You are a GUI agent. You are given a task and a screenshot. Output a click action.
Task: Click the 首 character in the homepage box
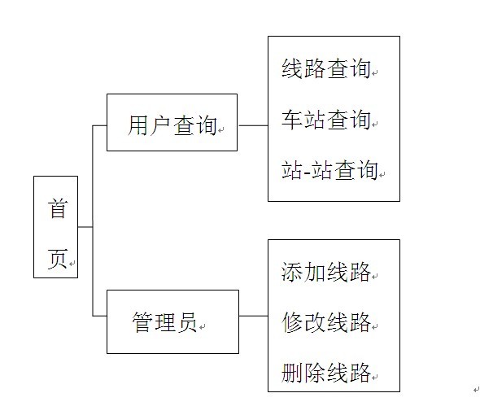point(57,208)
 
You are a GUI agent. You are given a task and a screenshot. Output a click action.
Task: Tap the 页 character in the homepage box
point(57,259)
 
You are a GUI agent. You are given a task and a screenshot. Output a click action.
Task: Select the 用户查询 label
point(172,125)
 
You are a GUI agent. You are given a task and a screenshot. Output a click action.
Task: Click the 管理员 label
point(164,322)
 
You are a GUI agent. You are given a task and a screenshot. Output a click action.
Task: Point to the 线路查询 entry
point(326,68)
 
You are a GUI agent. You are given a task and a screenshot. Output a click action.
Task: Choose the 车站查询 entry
point(326,119)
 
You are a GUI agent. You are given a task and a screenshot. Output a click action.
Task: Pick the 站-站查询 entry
point(329,170)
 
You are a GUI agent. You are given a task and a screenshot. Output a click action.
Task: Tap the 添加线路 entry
point(326,271)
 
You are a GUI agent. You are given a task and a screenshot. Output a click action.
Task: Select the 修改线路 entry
point(326,322)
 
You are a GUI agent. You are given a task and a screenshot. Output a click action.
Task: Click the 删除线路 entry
point(326,373)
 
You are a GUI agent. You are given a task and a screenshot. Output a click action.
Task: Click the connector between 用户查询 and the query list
point(253,125)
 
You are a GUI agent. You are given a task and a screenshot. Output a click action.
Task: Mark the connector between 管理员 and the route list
point(254,316)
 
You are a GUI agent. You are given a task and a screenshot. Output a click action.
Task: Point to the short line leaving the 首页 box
point(85,227)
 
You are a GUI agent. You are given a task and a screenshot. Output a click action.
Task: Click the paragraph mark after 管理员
point(202,327)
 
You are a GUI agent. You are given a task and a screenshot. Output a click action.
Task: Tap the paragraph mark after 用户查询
point(221,130)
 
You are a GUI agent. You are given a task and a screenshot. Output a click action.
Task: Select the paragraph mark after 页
point(72,264)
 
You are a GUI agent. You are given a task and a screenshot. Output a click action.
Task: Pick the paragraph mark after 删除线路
point(375,377)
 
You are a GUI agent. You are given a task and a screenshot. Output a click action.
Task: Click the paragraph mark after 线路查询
point(375,73)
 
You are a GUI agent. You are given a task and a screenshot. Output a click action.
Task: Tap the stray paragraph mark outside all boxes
point(476,390)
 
